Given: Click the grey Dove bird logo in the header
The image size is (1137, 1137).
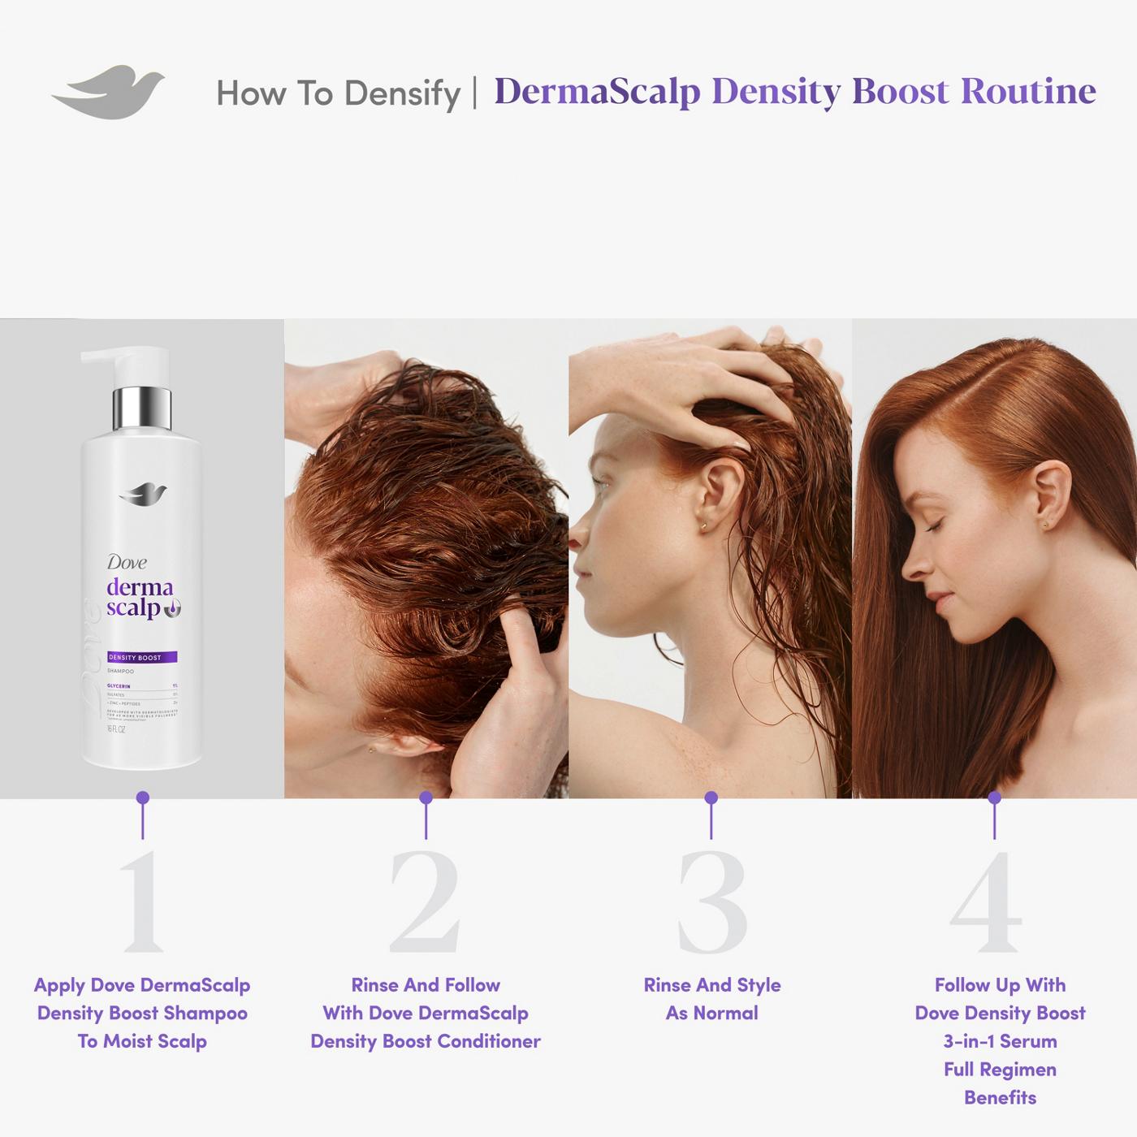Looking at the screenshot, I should [108, 91].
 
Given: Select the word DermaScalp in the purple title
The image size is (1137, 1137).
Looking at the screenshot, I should [597, 91].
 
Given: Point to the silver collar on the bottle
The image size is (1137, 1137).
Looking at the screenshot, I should [141, 408].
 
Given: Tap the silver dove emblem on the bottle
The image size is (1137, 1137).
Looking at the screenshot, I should [142, 493].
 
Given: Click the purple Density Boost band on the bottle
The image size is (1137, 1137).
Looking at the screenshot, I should [142, 657].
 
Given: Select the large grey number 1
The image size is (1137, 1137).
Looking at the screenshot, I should [143, 903].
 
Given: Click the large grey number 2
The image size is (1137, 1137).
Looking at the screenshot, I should [425, 903].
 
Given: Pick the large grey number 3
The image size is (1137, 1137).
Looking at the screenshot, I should [711, 903].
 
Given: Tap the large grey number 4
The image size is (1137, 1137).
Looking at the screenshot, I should [986, 903].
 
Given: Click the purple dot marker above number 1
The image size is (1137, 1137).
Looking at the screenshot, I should [143, 798].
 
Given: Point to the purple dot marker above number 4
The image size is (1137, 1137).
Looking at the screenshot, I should [994, 798].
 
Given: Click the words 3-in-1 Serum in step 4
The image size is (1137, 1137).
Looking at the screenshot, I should [1000, 1041].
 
